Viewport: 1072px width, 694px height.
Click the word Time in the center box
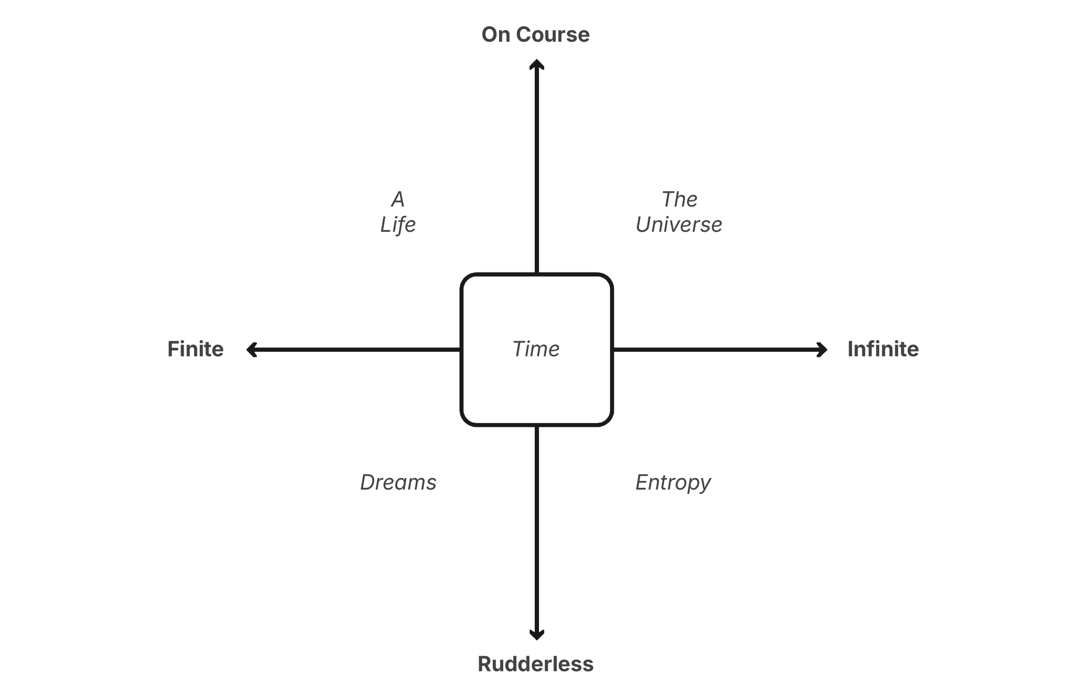[x=536, y=349]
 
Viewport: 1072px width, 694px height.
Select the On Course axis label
[x=536, y=35]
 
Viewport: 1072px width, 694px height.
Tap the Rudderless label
[x=536, y=664]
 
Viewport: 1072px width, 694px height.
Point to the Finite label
[x=196, y=349]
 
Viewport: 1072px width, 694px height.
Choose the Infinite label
[x=883, y=349]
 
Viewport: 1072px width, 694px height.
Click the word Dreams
[x=398, y=483]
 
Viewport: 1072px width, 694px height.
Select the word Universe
[x=679, y=224]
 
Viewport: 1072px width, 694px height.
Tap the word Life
[x=398, y=224]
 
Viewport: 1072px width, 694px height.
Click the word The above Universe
[x=679, y=199]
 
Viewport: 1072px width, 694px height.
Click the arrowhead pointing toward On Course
[x=536, y=64]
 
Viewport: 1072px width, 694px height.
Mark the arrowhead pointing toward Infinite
[x=822, y=350]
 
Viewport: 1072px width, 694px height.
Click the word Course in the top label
[x=553, y=35]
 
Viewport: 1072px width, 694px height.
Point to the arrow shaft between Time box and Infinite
[x=716, y=350]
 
